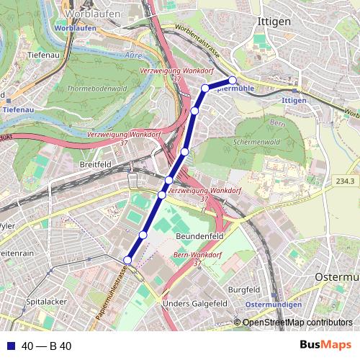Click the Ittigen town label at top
(274, 22)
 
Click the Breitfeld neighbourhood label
(94, 165)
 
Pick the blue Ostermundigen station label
(274, 305)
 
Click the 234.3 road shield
(346, 181)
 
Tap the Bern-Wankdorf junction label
(197, 260)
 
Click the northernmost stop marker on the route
(233, 80)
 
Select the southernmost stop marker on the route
(127, 260)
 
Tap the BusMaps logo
(325, 346)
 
